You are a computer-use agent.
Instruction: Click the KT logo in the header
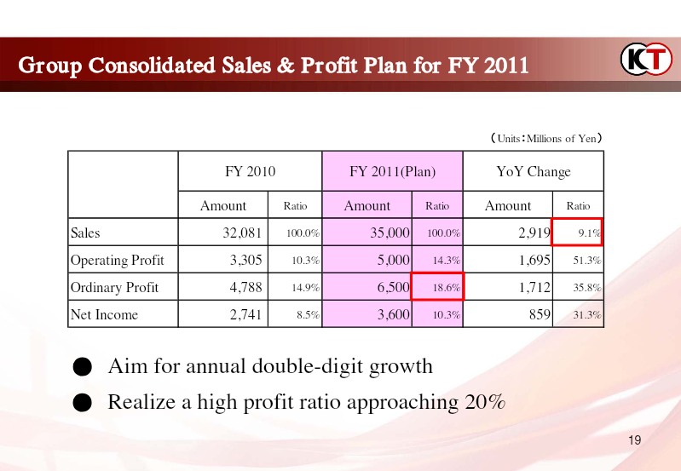(x=646, y=59)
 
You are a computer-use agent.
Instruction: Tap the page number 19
(x=634, y=440)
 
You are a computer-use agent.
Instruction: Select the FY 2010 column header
(x=251, y=171)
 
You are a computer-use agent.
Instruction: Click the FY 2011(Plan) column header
(x=393, y=171)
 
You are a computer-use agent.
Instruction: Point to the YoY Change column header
(x=534, y=171)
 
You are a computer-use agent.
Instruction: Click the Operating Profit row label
(x=118, y=260)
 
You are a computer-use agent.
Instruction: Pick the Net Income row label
(x=104, y=314)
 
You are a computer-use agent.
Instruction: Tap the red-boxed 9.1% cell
(x=577, y=232)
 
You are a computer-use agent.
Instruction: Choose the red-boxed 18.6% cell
(x=437, y=286)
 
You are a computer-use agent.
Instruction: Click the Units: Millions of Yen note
(x=546, y=139)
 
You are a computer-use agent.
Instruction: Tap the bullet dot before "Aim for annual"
(x=82, y=367)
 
